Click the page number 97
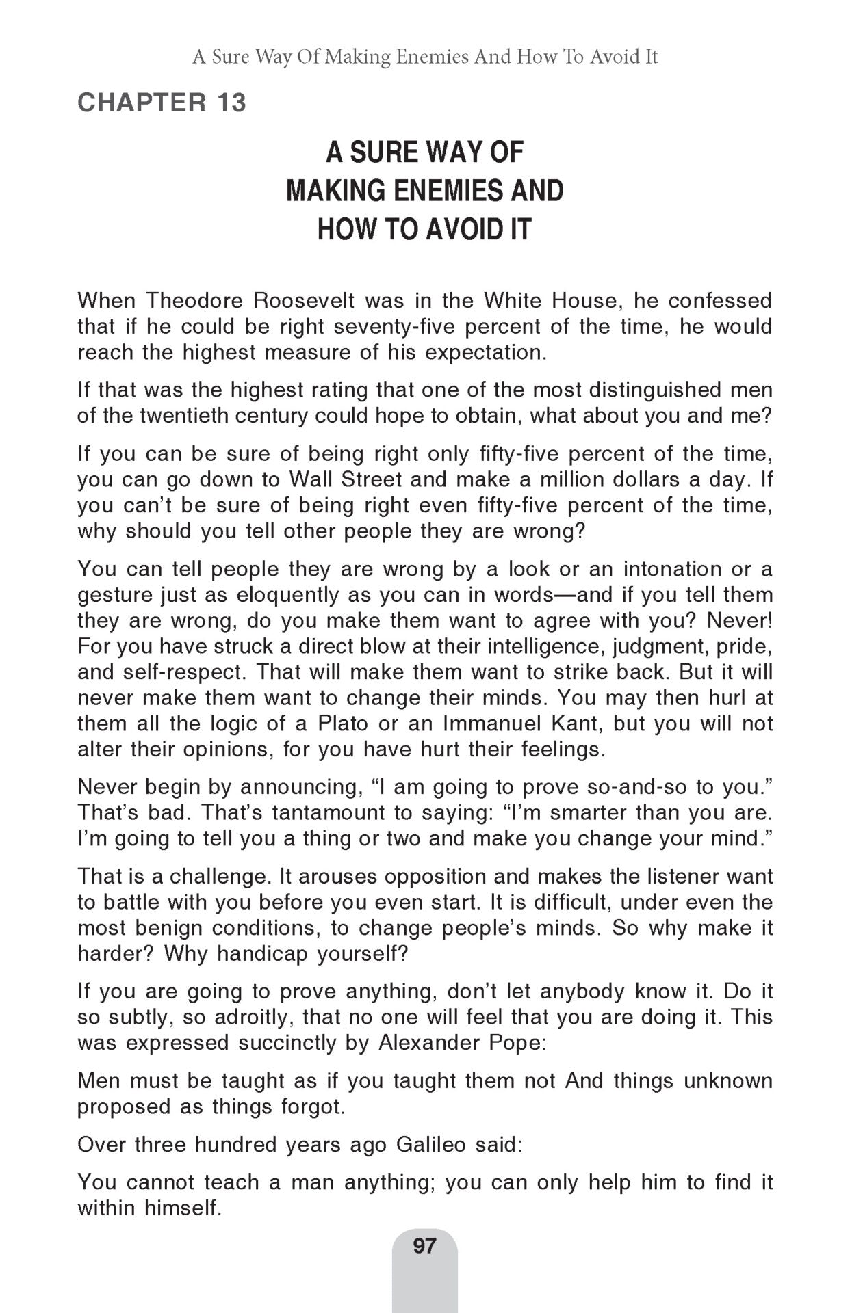click(x=424, y=1245)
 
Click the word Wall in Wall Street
click(x=311, y=479)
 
